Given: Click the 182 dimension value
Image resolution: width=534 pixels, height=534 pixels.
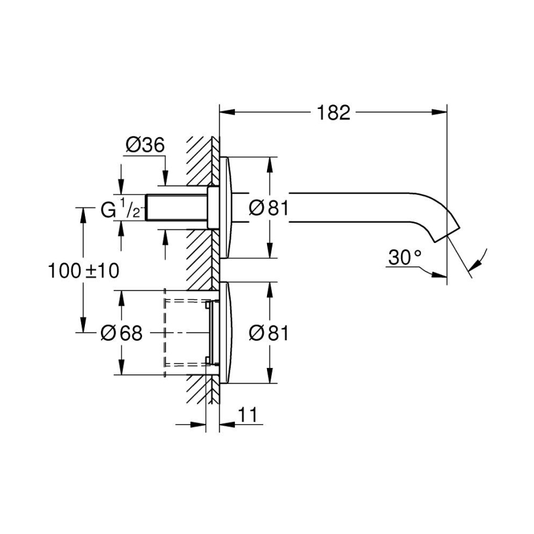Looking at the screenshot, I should click(333, 113).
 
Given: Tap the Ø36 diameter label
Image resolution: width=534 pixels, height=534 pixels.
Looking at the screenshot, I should click(145, 145).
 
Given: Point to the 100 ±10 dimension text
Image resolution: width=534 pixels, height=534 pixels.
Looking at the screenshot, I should click(83, 269).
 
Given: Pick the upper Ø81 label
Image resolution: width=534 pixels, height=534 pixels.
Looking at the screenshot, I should click(268, 209).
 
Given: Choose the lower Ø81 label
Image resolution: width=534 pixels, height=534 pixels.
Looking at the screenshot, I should click(268, 333).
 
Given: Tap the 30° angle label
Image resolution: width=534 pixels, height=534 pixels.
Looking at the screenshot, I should click(404, 258).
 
